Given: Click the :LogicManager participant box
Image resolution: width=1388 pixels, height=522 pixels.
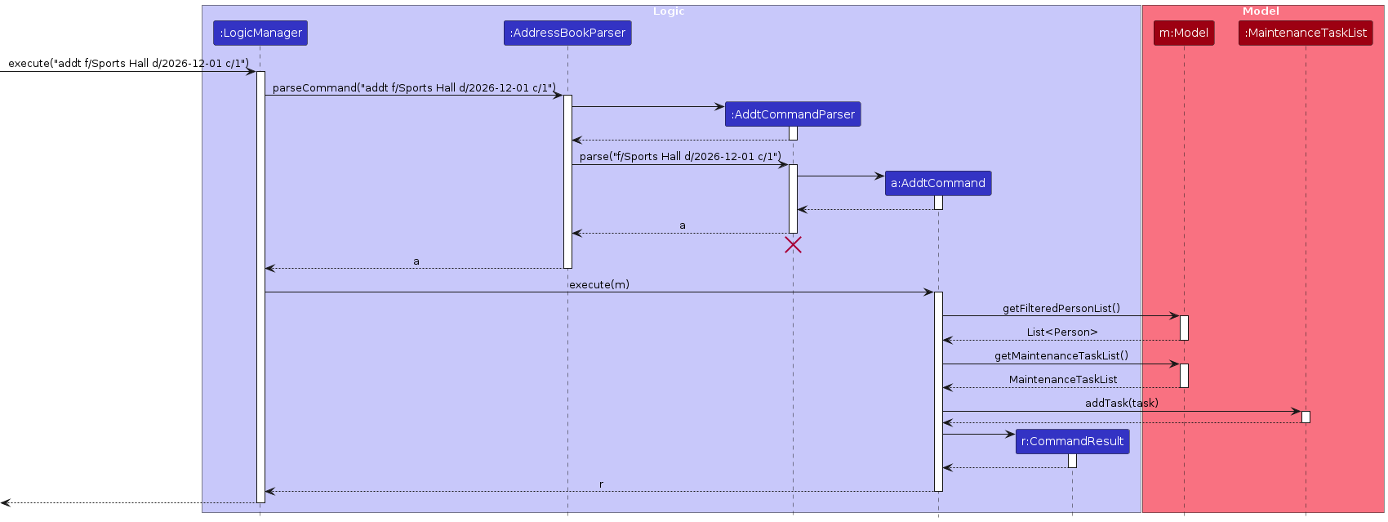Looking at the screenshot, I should (260, 33).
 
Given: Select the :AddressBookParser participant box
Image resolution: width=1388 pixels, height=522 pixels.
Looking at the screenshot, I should (567, 33).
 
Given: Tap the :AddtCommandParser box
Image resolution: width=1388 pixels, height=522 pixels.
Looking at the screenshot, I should (792, 114).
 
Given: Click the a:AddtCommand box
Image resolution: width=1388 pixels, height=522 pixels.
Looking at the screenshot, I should (937, 183).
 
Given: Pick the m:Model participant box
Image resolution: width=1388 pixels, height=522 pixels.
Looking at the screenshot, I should (1183, 33).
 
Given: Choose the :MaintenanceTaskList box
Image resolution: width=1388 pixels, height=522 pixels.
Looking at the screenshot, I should (1305, 33).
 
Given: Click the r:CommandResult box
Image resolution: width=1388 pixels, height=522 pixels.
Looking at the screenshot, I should (1072, 441).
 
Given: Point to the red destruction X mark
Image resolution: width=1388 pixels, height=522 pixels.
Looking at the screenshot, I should (793, 244).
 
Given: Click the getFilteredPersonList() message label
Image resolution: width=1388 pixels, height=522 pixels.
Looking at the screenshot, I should (1061, 308).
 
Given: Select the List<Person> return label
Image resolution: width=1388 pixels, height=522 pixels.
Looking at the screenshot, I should (1061, 332).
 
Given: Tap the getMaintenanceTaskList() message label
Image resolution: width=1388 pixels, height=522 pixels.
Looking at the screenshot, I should (1061, 355).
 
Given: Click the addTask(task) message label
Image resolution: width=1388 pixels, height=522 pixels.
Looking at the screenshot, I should (1121, 403).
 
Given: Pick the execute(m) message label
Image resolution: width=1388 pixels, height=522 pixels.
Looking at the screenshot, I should (598, 284).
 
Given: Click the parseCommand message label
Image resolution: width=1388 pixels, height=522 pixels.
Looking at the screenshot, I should (414, 87).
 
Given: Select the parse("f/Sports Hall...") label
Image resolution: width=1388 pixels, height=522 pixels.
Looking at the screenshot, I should (679, 156).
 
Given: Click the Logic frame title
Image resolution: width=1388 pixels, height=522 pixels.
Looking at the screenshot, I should (669, 11).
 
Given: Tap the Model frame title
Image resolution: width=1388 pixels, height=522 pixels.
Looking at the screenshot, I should (1261, 11).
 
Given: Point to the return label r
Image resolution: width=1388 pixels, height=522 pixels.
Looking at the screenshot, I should (601, 484).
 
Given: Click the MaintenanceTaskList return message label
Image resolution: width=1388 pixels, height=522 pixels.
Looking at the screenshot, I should (1062, 380).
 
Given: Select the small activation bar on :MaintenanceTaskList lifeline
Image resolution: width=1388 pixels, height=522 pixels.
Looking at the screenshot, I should (1306, 417).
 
